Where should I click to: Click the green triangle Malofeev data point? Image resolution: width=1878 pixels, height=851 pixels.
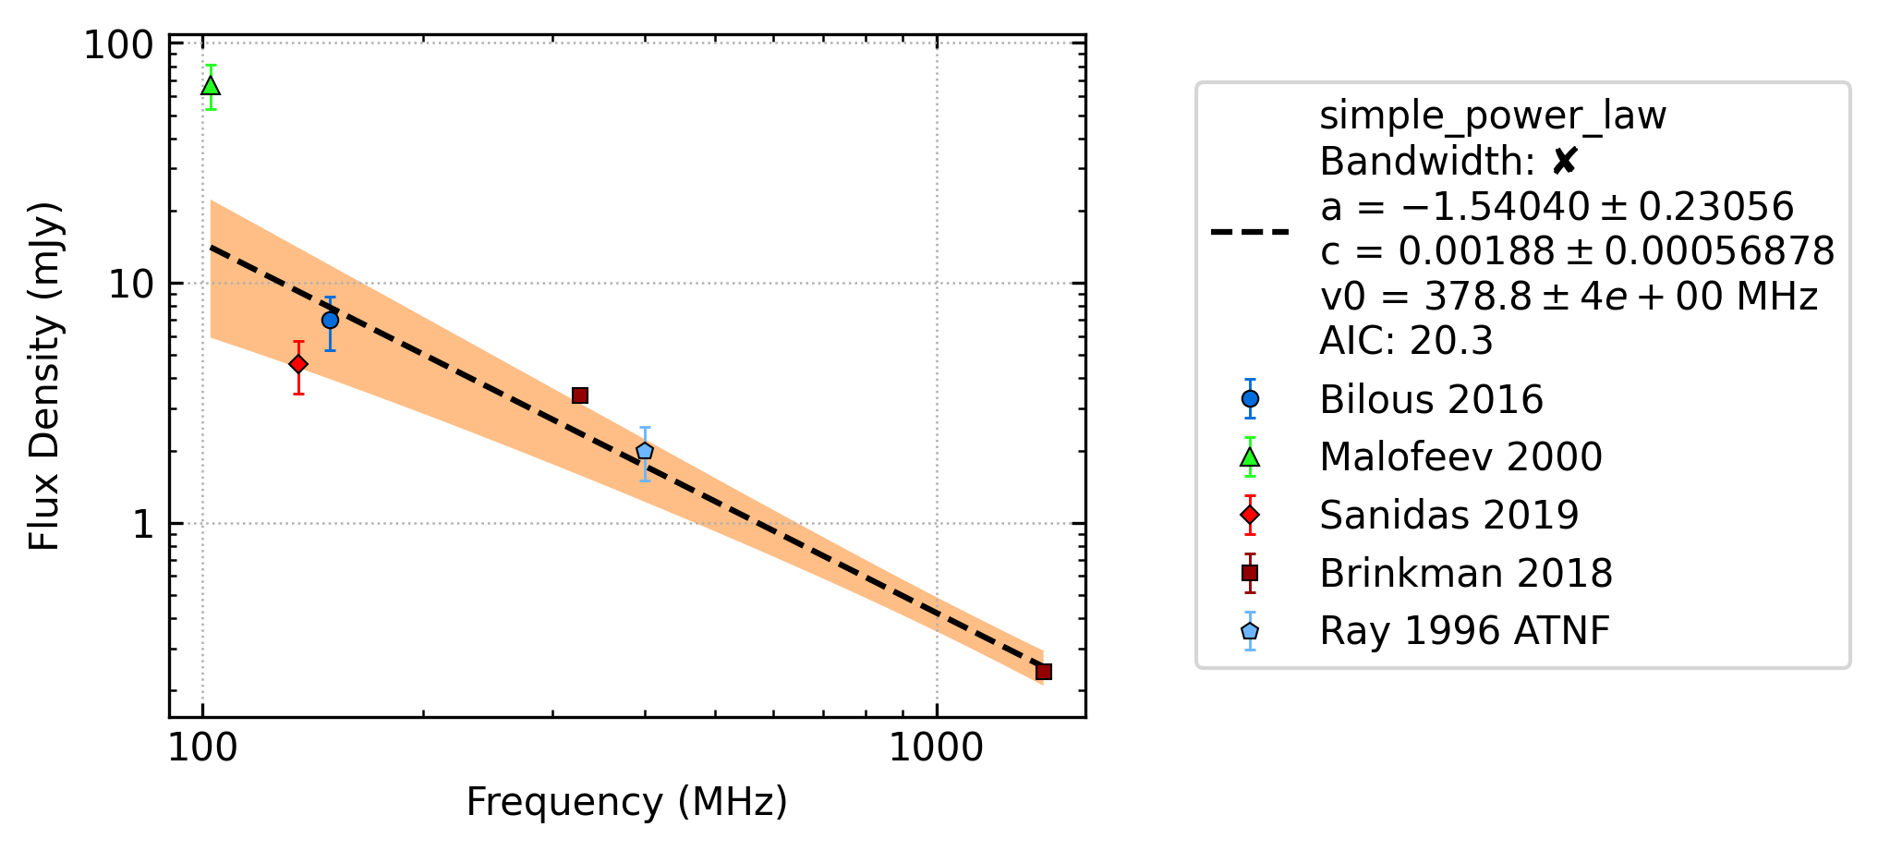(211, 86)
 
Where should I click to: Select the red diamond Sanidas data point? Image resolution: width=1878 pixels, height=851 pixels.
(298, 364)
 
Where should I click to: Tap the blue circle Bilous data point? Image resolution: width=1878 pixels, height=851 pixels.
(330, 321)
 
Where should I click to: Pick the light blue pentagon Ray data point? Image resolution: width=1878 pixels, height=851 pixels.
(645, 452)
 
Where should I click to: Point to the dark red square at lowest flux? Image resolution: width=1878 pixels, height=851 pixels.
(1044, 672)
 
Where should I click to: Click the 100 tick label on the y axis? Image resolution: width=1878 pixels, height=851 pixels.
(118, 44)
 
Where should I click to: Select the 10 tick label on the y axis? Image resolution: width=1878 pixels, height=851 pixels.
(130, 284)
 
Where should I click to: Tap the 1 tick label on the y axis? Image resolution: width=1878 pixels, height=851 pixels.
(142, 524)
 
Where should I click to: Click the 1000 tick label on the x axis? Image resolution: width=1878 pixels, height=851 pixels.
(937, 748)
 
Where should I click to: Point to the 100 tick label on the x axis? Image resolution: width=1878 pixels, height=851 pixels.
(203, 748)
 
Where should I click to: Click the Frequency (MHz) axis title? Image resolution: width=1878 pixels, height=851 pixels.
(627, 802)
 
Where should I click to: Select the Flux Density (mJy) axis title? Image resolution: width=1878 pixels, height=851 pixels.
(43, 376)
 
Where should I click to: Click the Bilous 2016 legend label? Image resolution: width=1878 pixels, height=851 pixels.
(1431, 399)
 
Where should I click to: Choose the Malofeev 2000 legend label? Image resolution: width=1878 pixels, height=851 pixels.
(1460, 456)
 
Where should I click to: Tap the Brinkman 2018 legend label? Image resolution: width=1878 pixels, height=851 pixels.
(1466, 573)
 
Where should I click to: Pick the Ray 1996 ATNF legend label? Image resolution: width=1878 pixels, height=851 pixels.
(1464, 631)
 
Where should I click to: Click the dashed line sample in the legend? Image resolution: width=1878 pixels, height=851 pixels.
(1250, 231)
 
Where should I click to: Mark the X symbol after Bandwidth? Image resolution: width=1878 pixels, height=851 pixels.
(1564, 162)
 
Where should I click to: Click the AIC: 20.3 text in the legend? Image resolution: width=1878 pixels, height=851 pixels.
(1406, 341)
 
